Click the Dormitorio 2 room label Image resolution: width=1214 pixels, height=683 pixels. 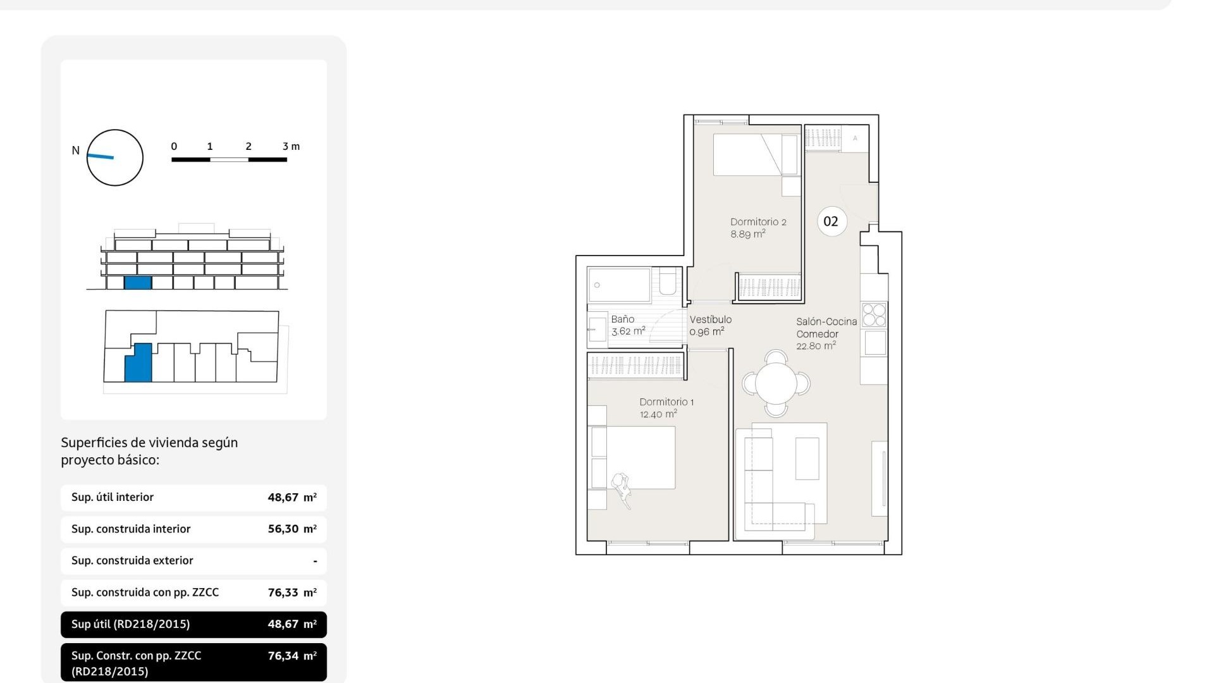point(757,222)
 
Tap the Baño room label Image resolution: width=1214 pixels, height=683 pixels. point(622,319)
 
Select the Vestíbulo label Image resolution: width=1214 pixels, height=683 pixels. point(710,320)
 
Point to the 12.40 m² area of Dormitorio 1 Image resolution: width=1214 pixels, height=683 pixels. point(658,414)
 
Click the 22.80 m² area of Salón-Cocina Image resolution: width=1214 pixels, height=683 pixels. point(816,346)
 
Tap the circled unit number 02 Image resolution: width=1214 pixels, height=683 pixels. point(831,221)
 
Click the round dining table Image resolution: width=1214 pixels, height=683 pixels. point(776,383)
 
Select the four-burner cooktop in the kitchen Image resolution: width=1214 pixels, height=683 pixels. point(874,315)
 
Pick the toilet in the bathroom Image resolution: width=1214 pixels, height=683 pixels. point(667,282)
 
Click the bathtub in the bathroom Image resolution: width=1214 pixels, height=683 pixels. point(619,285)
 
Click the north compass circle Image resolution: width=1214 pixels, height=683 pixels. point(115,157)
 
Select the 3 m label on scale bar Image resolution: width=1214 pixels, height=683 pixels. point(291,146)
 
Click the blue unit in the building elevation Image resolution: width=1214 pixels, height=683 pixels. point(138,283)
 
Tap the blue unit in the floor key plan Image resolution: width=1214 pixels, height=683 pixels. point(138,364)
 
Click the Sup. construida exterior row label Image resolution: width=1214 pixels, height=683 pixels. point(132,560)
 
